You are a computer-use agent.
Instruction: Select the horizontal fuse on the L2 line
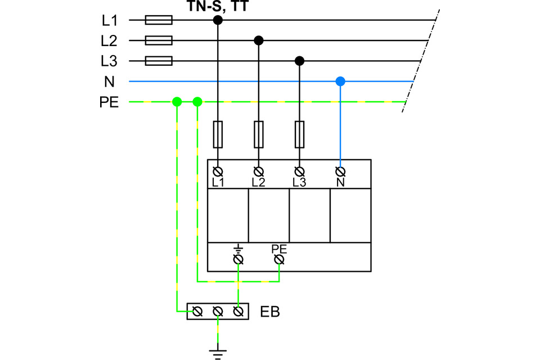coord(159,40)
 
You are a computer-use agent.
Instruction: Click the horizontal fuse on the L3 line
coord(159,61)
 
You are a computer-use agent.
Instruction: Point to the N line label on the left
coord(109,82)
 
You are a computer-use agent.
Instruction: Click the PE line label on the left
coord(109,102)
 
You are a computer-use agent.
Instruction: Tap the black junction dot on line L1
coord(218,20)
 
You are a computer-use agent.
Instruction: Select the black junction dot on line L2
coord(259,40)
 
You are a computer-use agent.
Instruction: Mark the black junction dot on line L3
coord(300,61)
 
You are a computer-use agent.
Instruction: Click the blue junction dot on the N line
coord(340,82)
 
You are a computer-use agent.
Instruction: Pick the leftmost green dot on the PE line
coord(177,102)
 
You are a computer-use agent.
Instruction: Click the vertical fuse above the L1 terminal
coord(218,134)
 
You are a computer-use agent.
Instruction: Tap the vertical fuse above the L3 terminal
coord(300,134)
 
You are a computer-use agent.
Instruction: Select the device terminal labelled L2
coord(259,170)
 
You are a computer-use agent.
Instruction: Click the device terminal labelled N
coord(340,170)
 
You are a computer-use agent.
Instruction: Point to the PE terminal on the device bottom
coord(279,259)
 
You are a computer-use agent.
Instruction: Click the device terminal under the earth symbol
coord(238,259)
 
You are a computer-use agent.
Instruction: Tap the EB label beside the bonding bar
coord(270,311)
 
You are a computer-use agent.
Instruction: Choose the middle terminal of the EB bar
coord(218,311)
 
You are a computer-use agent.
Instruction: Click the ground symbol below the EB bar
coord(218,353)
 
